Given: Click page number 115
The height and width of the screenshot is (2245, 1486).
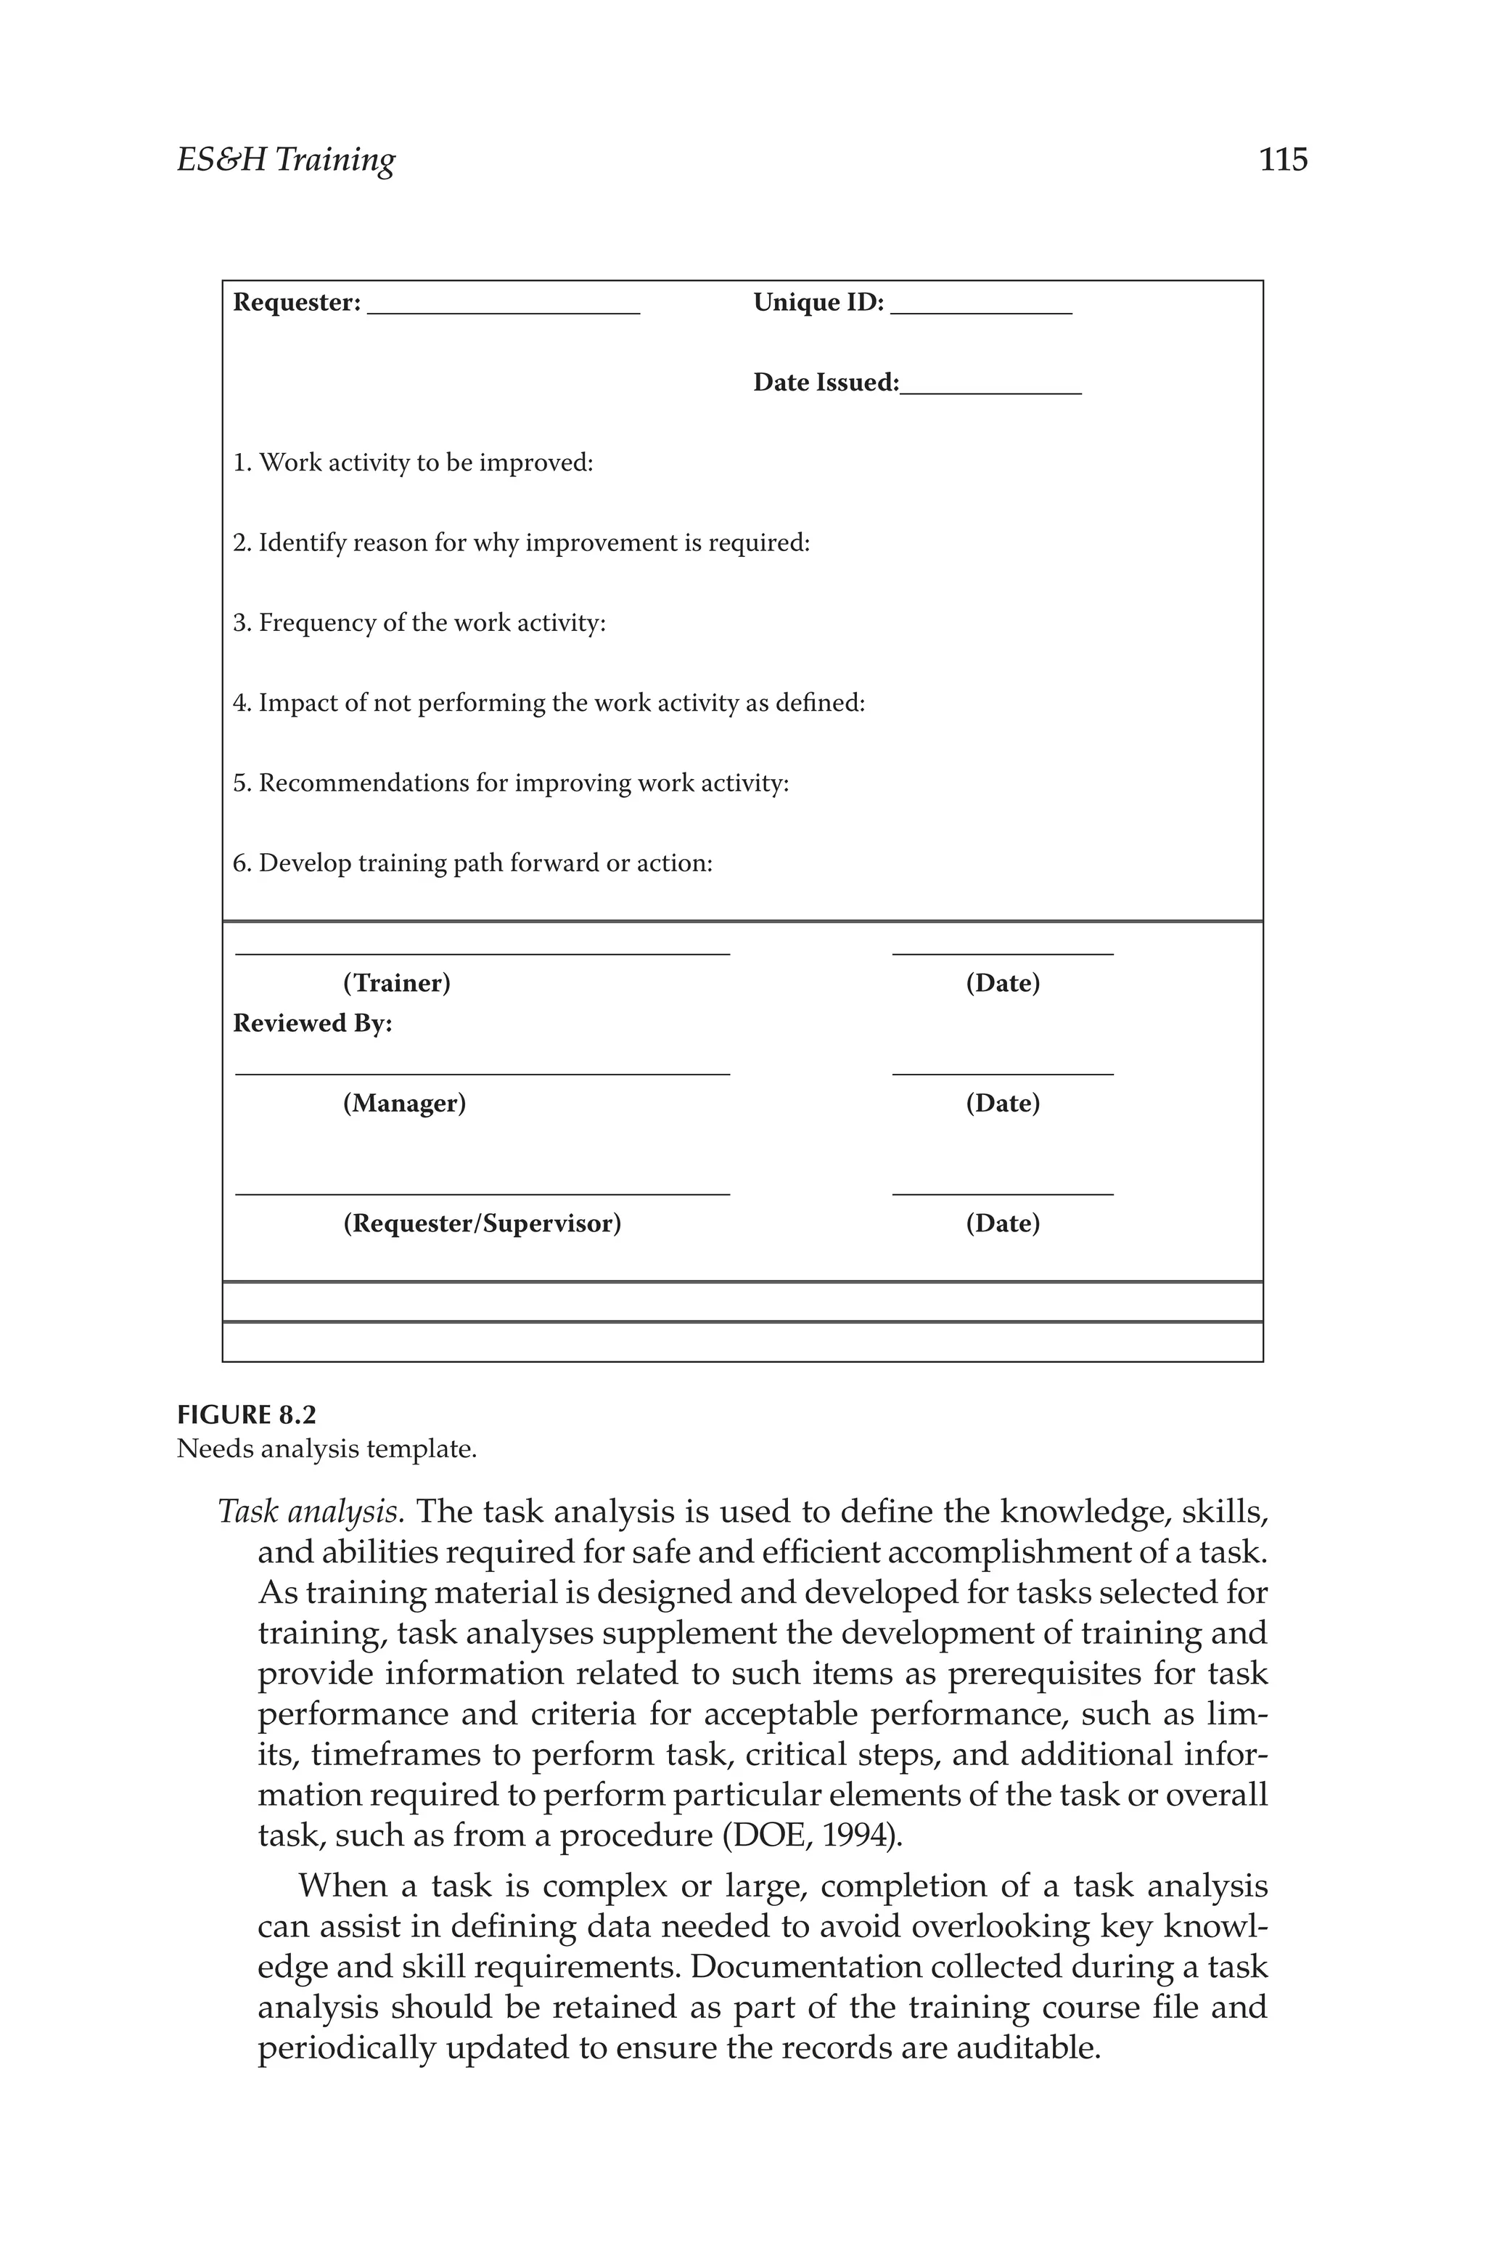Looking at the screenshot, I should click(1282, 159).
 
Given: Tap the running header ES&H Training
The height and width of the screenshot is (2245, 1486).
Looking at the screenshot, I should click(286, 160).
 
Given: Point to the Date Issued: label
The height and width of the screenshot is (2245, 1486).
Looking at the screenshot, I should click(826, 383).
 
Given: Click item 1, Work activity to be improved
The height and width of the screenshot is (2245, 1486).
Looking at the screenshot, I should click(413, 464).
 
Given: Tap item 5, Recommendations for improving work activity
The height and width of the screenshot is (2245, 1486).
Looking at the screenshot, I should click(511, 784).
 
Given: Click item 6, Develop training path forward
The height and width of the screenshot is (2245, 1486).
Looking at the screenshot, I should click(473, 864).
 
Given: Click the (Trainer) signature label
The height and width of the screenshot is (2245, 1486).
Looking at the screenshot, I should click(396, 983).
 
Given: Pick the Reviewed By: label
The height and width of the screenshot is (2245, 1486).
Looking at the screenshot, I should click(313, 1024).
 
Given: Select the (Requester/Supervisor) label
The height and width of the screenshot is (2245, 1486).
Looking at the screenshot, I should click(482, 1224).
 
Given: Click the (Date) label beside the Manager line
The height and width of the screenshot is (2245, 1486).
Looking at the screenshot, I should click(1003, 1104).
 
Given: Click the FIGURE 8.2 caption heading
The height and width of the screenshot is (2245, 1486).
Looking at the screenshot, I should click(247, 1415).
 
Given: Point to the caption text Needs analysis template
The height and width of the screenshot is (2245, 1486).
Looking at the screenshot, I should click(327, 1449).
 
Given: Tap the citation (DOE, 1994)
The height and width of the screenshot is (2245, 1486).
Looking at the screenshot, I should click(812, 1836).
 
